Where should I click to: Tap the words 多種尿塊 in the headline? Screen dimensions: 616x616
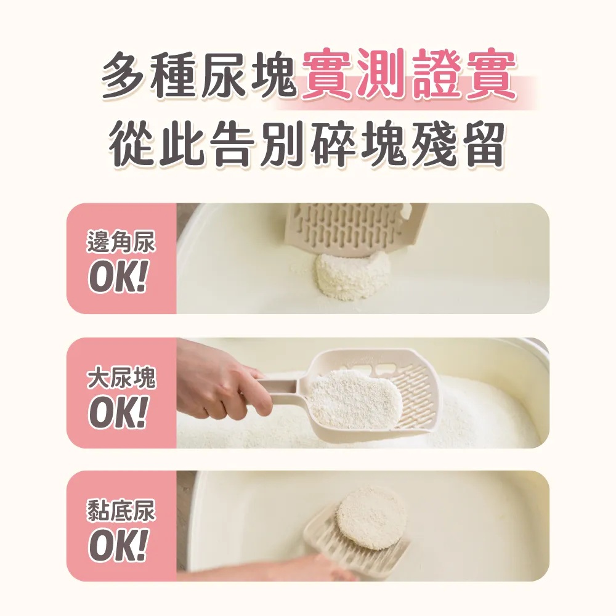(x=199, y=75)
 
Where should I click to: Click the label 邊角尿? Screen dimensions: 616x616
(x=121, y=241)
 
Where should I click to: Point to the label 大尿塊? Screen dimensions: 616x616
(x=121, y=378)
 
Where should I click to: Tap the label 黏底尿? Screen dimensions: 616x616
(x=121, y=511)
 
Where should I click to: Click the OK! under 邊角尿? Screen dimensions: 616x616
(x=118, y=277)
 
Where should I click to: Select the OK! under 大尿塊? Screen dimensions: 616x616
(x=118, y=412)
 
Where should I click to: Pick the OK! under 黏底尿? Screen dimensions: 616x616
(x=118, y=545)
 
